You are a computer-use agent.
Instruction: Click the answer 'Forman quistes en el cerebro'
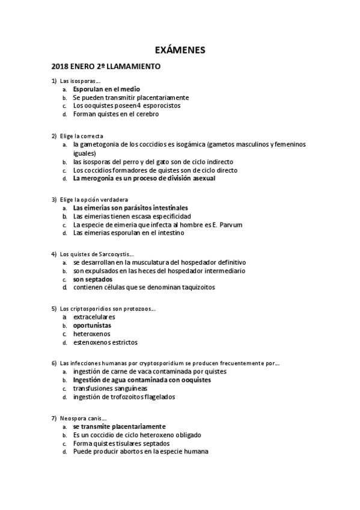(116, 114)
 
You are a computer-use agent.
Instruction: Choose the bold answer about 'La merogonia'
(144, 178)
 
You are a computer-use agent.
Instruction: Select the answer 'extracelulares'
(94, 317)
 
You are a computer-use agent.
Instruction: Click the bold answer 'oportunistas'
(92, 325)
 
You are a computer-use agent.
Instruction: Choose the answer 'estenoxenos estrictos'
(105, 342)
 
